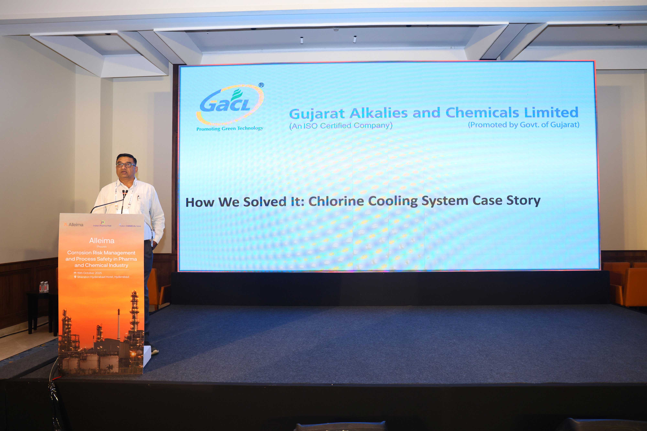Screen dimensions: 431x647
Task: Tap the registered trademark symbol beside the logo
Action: (x=261, y=85)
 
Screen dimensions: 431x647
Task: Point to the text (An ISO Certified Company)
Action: (x=340, y=126)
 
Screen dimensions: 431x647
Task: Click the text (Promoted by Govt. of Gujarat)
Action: (x=523, y=125)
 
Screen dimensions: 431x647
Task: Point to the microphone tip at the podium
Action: (x=126, y=191)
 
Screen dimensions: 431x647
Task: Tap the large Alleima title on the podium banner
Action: (x=102, y=241)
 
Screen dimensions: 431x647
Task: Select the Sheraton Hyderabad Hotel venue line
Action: (x=103, y=277)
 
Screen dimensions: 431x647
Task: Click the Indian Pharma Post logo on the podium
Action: (x=102, y=223)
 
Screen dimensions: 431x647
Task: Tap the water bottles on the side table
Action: (x=44, y=287)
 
